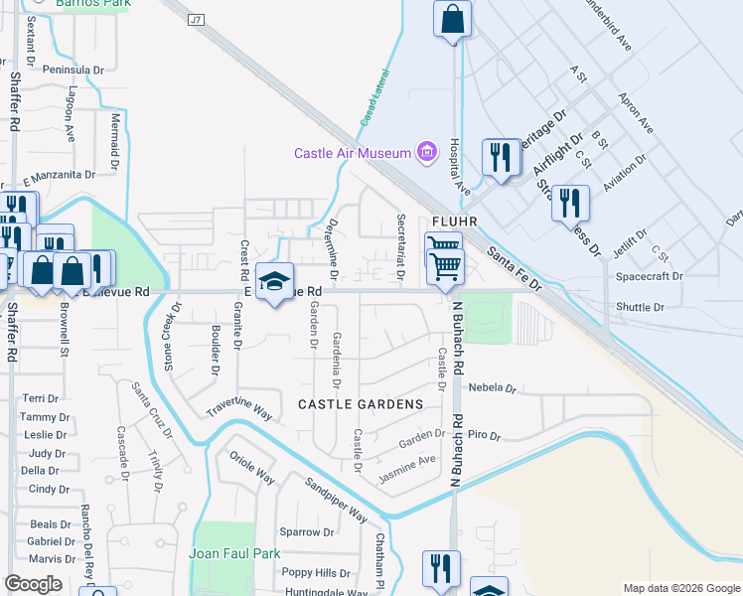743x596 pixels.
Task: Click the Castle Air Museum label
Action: click(x=352, y=153)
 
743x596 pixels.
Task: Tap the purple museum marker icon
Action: click(x=427, y=152)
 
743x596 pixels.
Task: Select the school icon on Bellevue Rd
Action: click(x=274, y=282)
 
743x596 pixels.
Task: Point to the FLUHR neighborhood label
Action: click(x=456, y=221)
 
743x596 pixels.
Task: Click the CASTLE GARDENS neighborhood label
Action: click(x=360, y=404)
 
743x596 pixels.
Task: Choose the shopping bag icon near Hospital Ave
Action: click(x=452, y=20)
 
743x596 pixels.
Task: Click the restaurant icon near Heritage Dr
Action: click(x=500, y=158)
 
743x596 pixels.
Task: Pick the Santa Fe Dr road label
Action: click(x=515, y=269)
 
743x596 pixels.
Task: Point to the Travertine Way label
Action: click(x=239, y=409)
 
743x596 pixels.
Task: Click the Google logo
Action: click(x=33, y=584)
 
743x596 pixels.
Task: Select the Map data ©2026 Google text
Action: click(x=680, y=588)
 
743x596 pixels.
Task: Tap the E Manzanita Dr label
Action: click(x=59, y=174)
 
